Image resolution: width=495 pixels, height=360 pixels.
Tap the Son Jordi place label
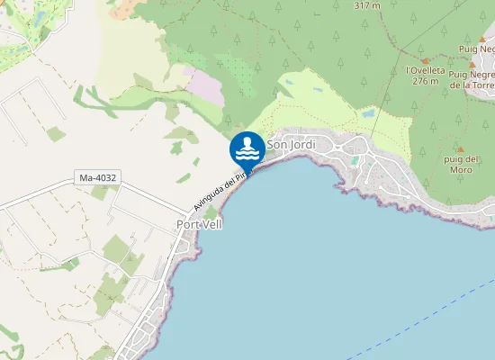point(291,144)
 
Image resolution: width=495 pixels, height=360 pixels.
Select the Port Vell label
point(198,224)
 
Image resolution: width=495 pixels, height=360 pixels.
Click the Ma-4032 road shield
point(99,178)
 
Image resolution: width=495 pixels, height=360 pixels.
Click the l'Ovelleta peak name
point(427,69)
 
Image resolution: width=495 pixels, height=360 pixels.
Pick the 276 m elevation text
point(426,80)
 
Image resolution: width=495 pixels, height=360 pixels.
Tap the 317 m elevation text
point(368,4)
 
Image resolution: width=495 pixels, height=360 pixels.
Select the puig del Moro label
point(460,164)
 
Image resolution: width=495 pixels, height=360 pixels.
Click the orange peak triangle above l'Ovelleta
point(426,59)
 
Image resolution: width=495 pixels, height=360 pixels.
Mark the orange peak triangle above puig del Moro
point(460,149)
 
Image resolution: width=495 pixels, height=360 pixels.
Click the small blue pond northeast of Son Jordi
point(367,114)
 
